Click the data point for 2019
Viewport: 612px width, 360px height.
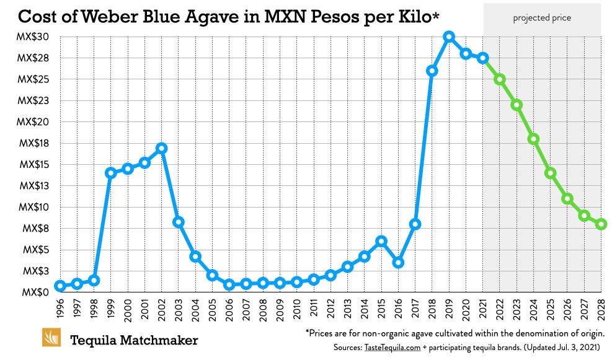449,37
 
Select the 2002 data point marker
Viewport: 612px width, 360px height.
162,148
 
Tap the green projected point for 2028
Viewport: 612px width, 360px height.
601,224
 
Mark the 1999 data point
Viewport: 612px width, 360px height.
111,173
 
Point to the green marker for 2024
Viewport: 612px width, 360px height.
533,139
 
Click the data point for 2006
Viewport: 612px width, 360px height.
229,284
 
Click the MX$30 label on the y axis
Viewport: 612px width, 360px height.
33,37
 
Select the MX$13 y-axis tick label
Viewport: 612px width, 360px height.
33,186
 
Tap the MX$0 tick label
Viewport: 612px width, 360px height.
37,292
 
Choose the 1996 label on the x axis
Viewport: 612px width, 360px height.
60,309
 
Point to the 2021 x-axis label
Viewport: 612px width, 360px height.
483,309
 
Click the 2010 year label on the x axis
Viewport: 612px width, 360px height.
297,309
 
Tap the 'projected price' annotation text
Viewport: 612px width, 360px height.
542,18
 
